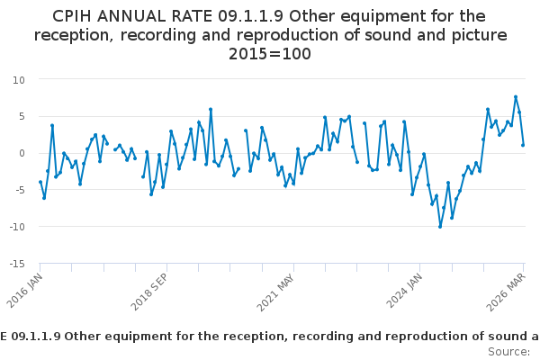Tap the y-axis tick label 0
tap(21, 153)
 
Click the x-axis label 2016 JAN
tap(30, 290)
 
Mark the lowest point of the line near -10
tap(440, 227)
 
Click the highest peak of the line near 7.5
tap(516, 97)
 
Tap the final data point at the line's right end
tap(523, 145)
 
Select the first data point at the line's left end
tap(40, 182)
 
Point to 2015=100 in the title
tap(270, 54)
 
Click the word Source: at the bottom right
tap(509, 351)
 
